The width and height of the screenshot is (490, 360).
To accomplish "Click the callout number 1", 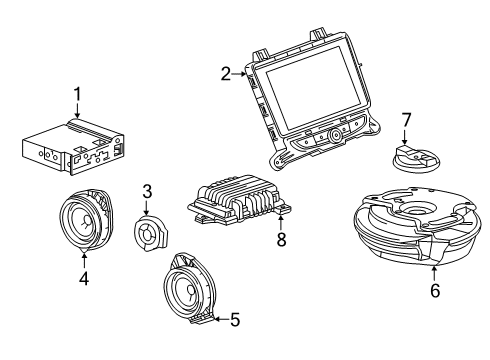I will tap(74, 96).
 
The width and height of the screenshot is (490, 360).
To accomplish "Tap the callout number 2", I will tap(227, 72).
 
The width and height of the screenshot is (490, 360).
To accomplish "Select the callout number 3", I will tap(146, 191).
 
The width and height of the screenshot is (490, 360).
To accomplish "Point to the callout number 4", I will tap(84, 279).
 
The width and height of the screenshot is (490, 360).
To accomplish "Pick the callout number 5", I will tap(235, 320).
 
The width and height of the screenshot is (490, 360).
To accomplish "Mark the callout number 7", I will tap(405, 119).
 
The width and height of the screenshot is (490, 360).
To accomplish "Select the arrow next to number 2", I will tap(240, 73).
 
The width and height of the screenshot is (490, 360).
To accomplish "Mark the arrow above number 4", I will tap(84, 262).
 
